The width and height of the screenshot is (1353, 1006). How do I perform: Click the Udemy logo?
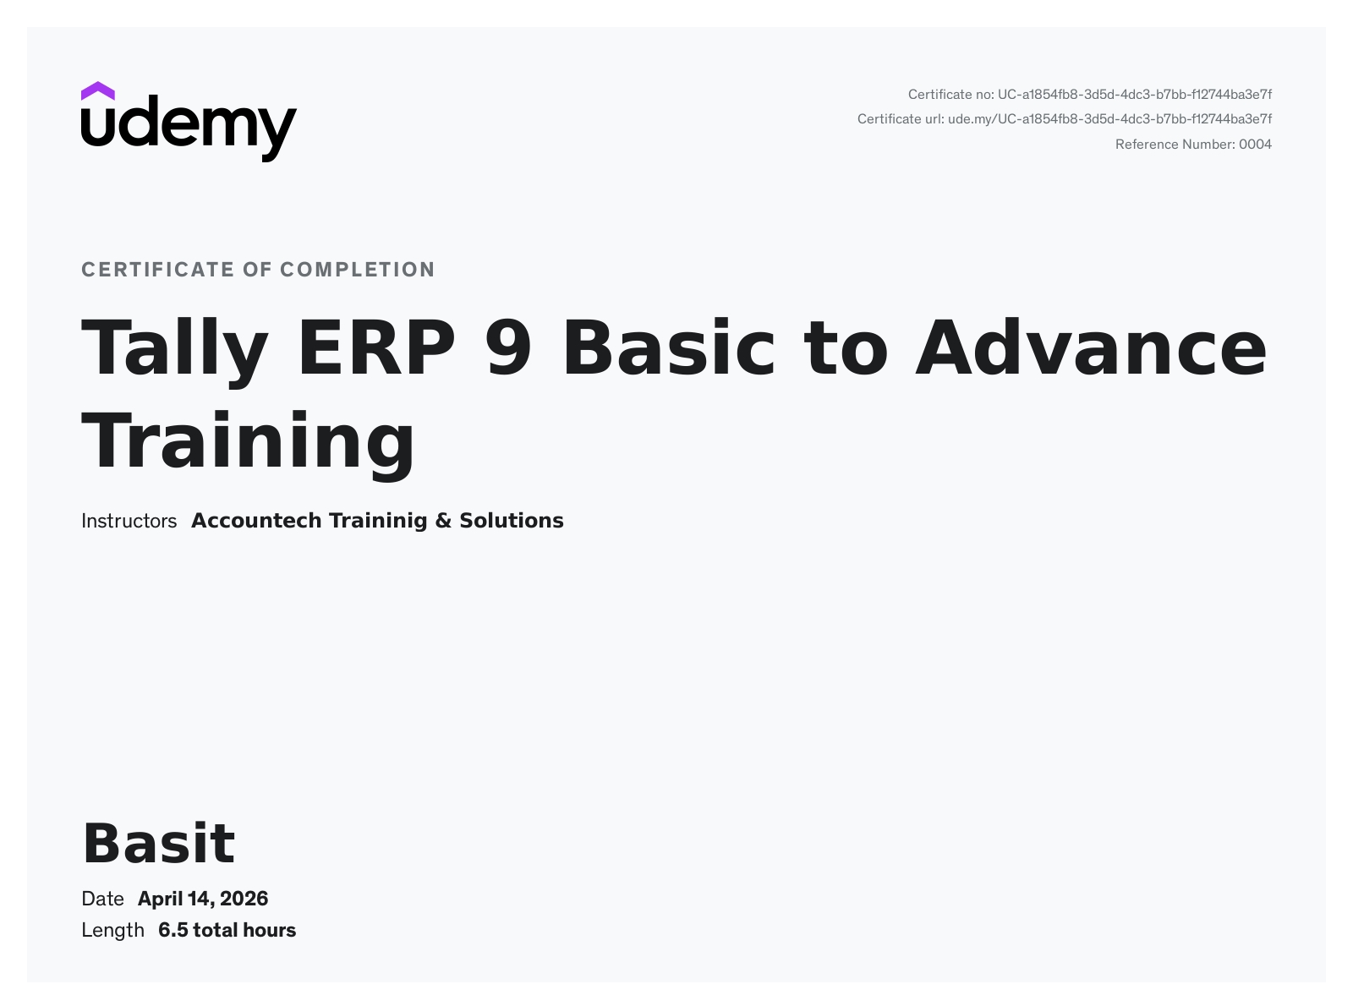tap(189, 122)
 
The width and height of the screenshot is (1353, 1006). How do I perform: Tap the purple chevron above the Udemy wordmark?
tap(97, 90)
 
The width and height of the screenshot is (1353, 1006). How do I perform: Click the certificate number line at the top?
tap(1089, 95)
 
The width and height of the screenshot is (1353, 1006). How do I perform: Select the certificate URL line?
tap(1065, 119)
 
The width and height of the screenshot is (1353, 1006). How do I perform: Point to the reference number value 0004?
tap(1256, 145)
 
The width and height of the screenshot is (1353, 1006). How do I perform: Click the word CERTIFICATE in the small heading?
tap(157, 270)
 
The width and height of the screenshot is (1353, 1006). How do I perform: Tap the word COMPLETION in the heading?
tap(358, 270)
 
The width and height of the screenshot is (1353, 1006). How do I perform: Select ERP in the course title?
tap(376, 347)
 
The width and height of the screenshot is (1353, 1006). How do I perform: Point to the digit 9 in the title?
tap(508, 347)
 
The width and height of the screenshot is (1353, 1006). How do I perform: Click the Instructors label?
tap(129, 521)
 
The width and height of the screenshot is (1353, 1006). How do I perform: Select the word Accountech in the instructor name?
tap(256, 521)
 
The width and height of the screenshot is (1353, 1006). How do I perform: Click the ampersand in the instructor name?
tap(443, 521)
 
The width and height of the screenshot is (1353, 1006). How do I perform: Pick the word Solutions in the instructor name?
tap(512, 521)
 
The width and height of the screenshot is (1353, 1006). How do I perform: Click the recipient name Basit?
tap(159, 844)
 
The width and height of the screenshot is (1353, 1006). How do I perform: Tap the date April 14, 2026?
tap(202, 899)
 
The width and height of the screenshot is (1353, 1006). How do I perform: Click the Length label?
tap(112, 931)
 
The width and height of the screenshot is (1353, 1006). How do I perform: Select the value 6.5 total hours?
tap(227, 931)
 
